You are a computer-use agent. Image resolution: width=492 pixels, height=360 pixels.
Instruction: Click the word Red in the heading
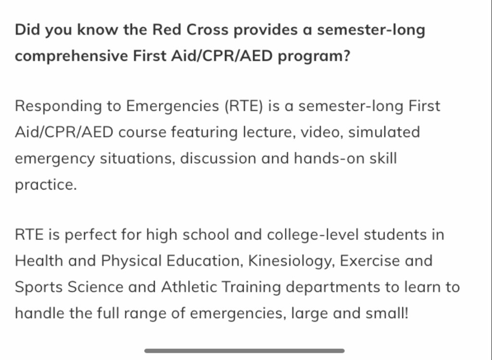click(x=167, y=30)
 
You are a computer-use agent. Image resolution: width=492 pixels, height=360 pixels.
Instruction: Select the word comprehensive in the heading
click(x=71, y=57)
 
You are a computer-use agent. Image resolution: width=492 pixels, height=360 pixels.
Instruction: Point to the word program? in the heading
click(x=314, y=57)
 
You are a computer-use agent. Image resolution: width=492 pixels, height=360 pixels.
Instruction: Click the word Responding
click(x=58, y=106)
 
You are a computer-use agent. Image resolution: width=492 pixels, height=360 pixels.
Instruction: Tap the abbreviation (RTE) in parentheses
click(x=244, y=106)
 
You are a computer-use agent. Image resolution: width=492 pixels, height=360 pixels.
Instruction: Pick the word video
click(x=322, y=132)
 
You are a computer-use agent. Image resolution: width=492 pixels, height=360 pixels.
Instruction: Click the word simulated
click(x=384, y=132)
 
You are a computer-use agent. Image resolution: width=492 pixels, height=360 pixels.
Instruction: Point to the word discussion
click(x=218, y=158)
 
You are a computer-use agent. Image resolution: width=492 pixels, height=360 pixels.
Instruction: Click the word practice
click(x=46, y=185)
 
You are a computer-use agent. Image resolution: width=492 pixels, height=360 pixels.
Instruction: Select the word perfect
click(x=90, y=235)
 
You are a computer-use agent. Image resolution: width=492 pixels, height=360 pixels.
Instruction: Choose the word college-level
click(x=312, y=235)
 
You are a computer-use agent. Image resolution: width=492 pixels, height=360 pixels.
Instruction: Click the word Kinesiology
click(x=292, y=261)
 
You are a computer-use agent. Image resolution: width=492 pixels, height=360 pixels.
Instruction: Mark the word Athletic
click(x=189, y=287)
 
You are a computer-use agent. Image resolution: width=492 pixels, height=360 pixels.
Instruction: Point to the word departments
click(x=333, y=288)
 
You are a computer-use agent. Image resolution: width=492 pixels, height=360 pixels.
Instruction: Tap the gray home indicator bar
click(x=245, y=350)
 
